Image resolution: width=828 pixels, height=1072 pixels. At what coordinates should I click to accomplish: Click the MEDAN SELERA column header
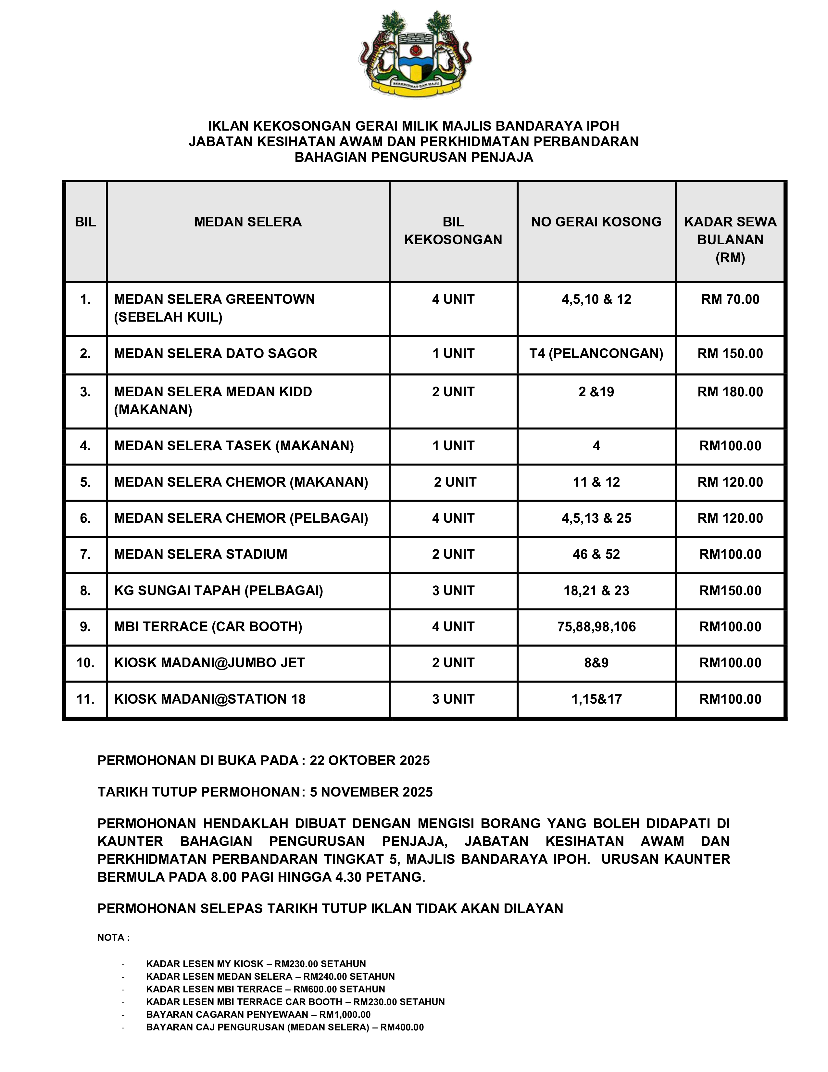pos(248,222)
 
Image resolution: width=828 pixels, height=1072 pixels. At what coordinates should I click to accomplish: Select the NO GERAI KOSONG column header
pos(596,222)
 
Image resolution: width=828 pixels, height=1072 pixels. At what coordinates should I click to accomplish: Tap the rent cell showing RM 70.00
pos(730,300)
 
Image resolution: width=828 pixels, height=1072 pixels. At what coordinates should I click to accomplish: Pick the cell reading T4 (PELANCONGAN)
pos(596,353)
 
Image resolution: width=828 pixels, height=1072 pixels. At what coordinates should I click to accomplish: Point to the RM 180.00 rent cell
pos(730,392)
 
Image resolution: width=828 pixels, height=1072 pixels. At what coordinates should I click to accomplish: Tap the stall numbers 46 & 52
pos(596,554)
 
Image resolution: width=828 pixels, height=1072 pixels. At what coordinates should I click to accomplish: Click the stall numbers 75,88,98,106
pos(596,627)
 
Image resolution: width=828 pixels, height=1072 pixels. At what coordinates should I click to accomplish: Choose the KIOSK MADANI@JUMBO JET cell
pos(209,663)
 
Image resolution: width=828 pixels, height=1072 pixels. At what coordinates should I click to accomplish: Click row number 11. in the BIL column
pos(85,699)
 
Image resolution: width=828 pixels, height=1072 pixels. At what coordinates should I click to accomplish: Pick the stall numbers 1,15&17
pos(596,699)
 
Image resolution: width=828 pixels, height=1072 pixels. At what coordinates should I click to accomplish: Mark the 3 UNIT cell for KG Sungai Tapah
pos(453,591)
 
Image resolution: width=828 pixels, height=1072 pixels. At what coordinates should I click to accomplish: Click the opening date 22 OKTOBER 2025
pos(370,760)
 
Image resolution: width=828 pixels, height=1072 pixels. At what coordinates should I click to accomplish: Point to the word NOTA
pos(111,938)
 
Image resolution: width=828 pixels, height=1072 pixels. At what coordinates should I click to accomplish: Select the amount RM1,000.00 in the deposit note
pos(345,1015)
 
